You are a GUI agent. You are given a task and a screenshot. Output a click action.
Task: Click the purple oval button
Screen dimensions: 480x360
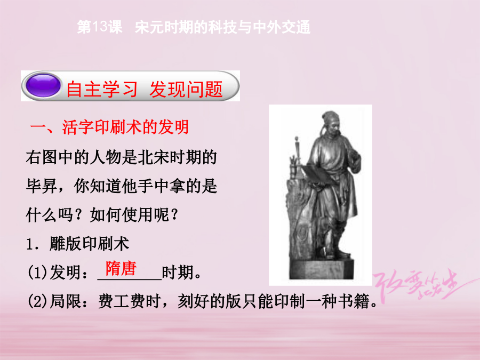point(43,85)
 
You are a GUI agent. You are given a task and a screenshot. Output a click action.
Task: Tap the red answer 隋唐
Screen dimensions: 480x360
point(121,268)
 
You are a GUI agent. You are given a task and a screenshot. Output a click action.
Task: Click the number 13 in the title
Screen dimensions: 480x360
point(100,27)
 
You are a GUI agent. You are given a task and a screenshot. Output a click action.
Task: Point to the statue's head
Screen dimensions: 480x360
point(331,123)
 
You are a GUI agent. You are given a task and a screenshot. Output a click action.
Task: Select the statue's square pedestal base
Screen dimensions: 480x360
point(322,269)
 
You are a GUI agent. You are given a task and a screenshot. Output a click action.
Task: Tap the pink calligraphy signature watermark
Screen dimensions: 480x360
point(422,285)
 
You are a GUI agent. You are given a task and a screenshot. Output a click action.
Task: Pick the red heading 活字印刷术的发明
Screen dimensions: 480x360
point(125,127)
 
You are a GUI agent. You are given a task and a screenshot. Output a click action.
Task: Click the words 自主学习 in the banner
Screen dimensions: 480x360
point(102,89)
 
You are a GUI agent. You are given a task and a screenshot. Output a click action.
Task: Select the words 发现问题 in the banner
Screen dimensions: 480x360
point(186,89)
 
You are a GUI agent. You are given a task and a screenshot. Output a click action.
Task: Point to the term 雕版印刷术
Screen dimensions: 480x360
point(90,244)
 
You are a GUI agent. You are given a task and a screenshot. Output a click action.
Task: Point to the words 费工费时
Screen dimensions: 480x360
point(130,301)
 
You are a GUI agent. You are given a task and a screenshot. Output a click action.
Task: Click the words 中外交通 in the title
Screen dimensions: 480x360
point(282,27)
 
